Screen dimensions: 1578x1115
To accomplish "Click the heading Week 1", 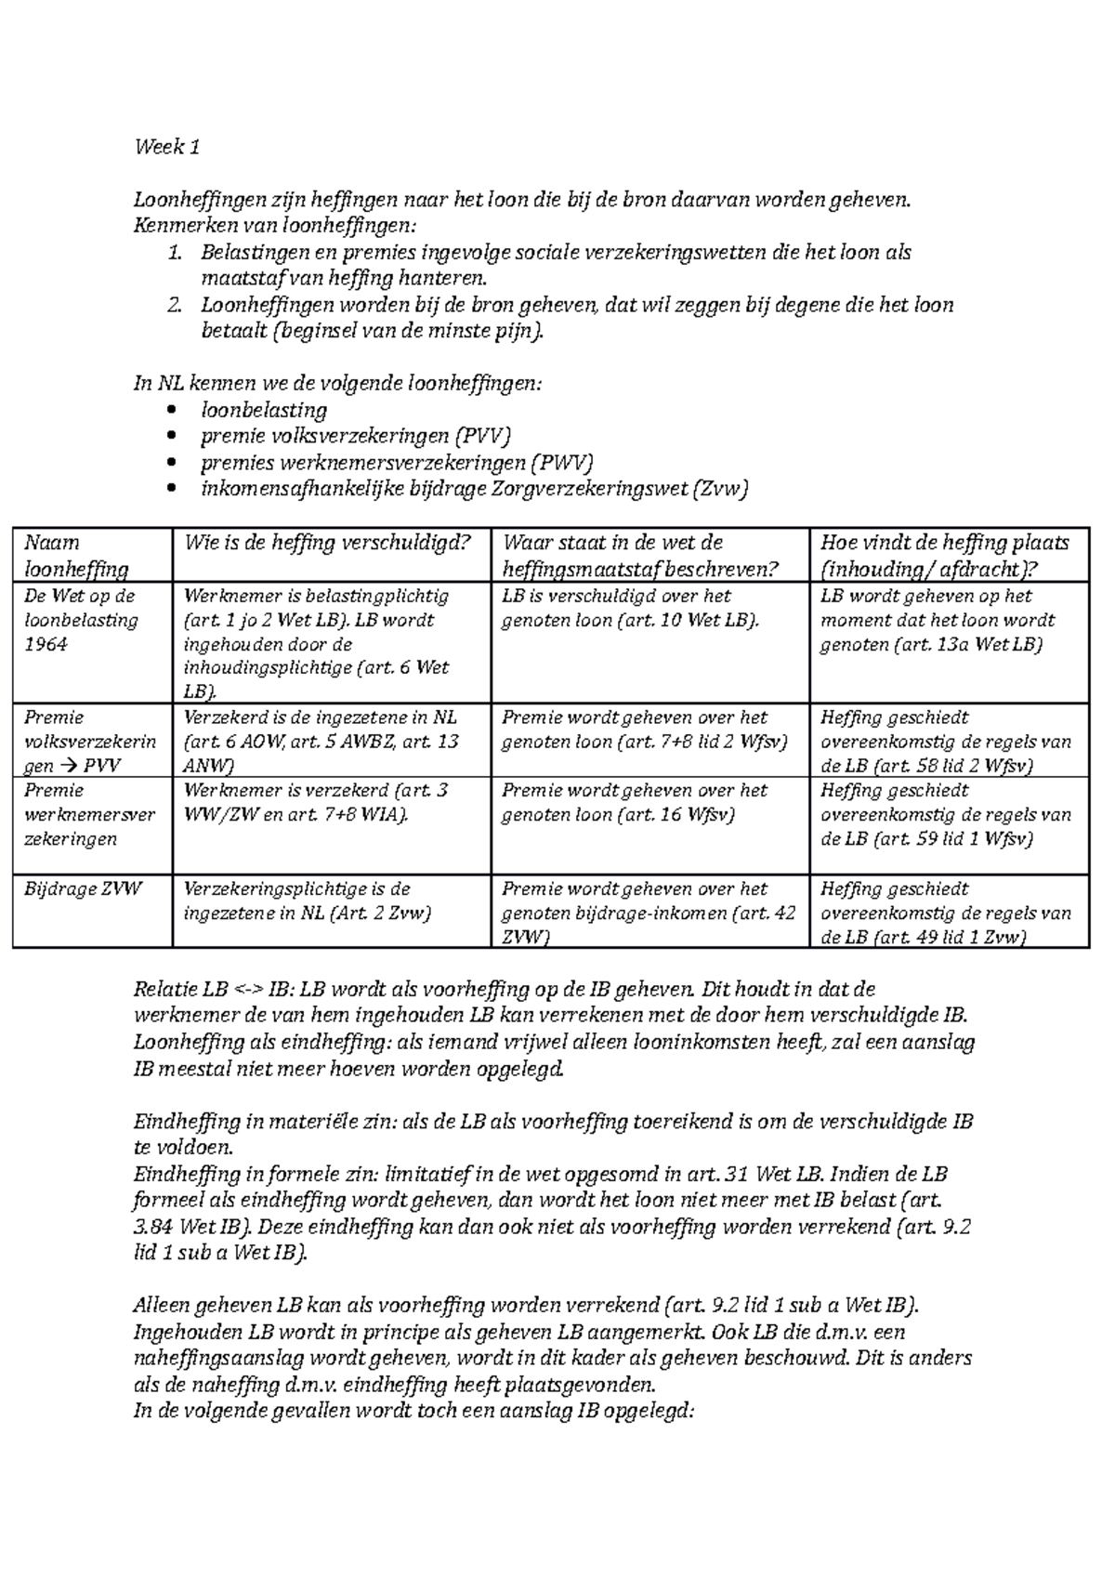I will (167, 147).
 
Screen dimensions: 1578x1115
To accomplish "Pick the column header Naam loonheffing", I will (76, 556).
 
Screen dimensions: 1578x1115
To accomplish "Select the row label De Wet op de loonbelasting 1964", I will (81, 620).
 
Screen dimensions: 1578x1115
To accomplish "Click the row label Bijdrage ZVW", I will (84, 889).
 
